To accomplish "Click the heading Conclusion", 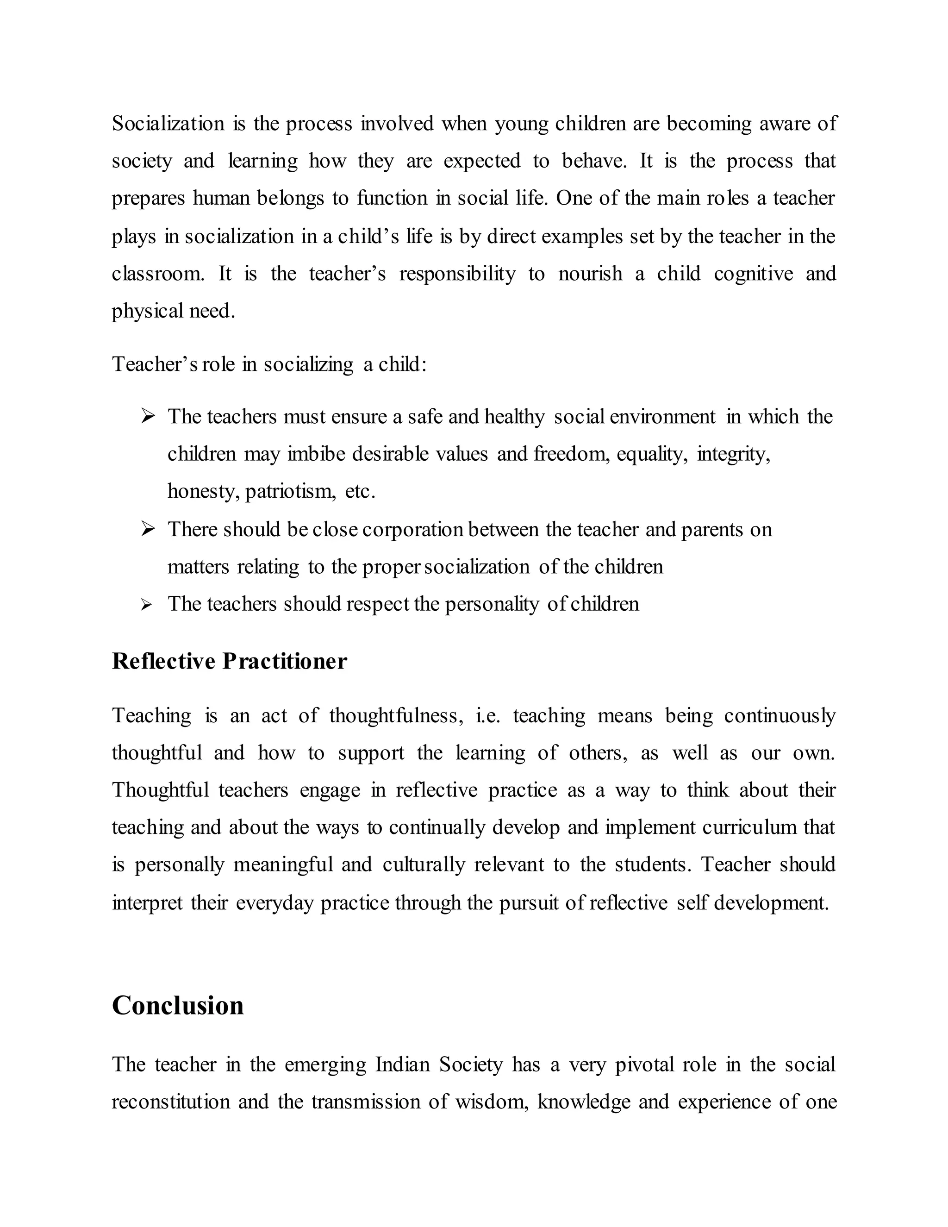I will click(x=177, y=1006).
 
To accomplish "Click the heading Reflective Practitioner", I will click(x=229, y=661).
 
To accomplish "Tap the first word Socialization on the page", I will click(x=168, y=124).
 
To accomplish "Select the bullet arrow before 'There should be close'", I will click(x=148, y=529).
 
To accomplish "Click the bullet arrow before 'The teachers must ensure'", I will click(x=148, y=416).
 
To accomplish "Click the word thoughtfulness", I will click(x=396, y=716).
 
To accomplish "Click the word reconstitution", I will click(x=171, y=1102).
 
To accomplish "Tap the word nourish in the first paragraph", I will click(x=590, y=274).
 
